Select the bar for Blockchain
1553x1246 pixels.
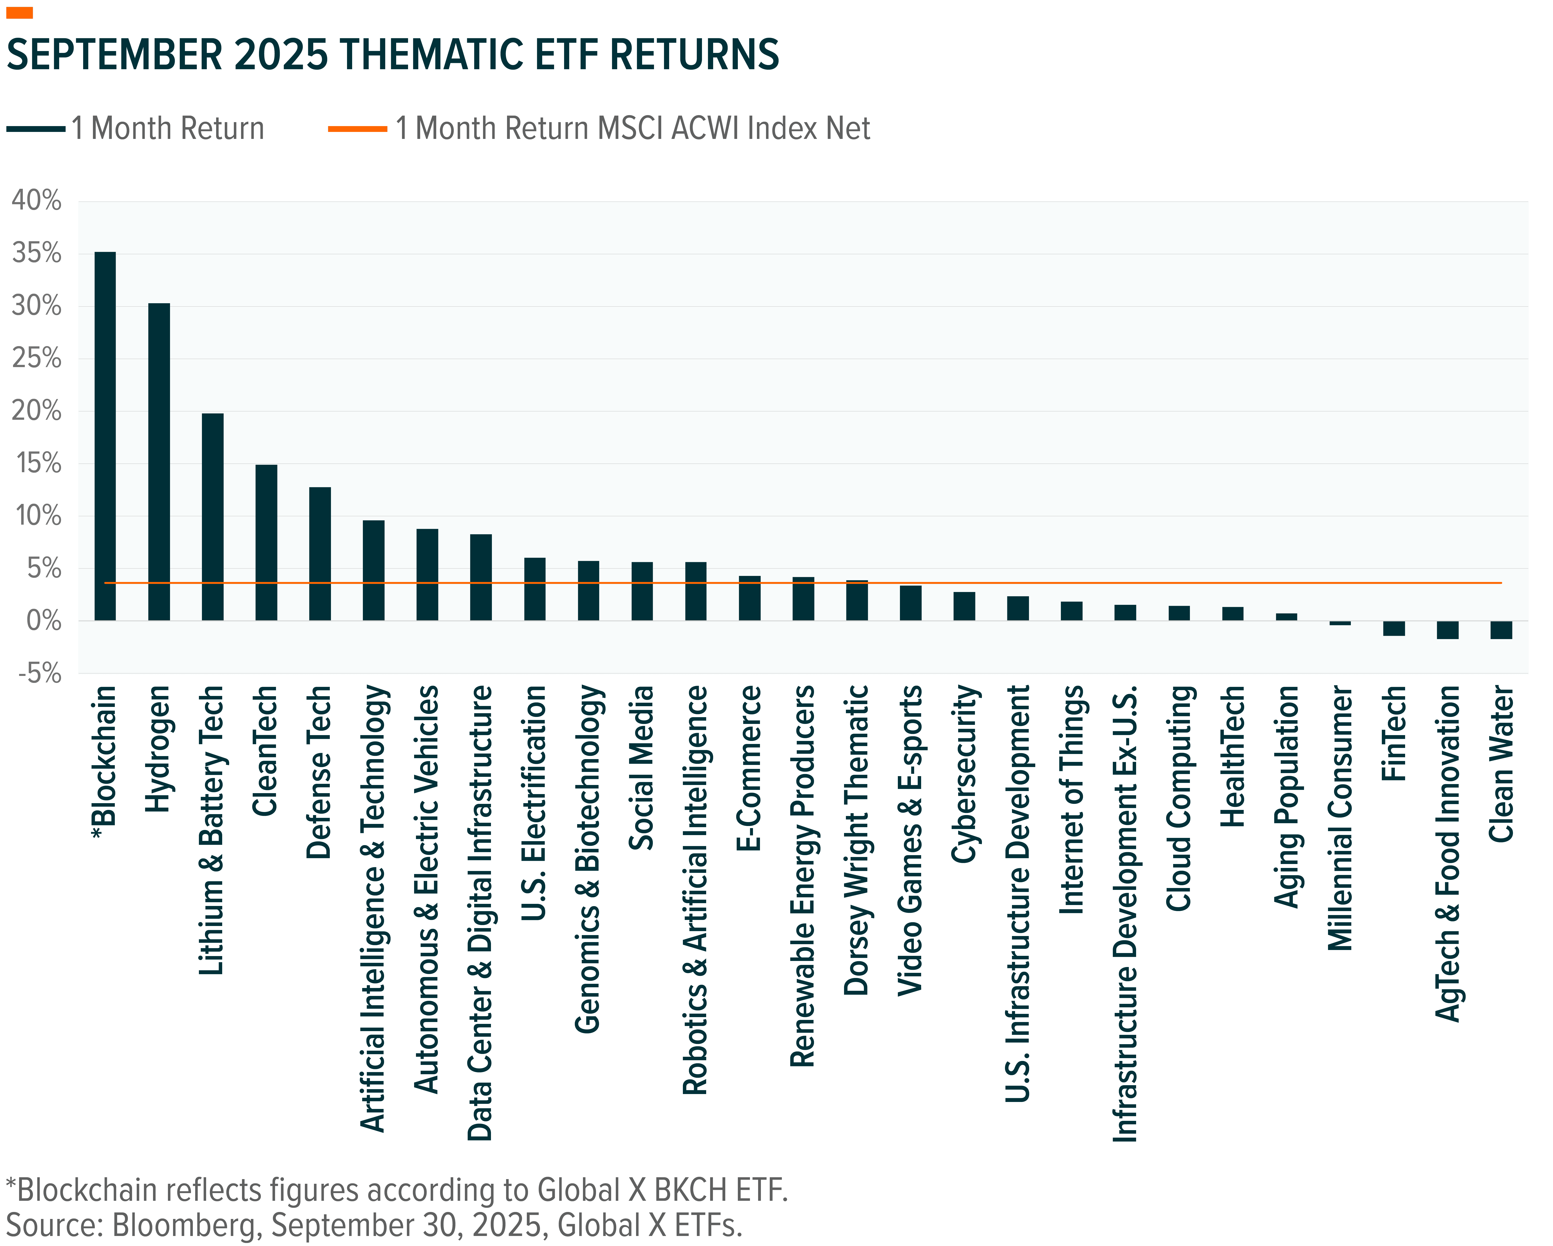(x=105, y=436)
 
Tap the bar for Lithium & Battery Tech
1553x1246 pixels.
(x=212, y=517)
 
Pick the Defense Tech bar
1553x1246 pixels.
(x=320, y=554)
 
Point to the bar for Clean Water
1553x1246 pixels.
(x=1501, y=630)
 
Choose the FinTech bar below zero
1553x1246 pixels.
(x=1394, y=628)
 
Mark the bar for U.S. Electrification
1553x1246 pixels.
(x=535, y=589)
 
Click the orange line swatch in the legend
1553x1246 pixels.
(x=357, y=129)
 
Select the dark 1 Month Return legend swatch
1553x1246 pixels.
(x=36, y=129)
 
